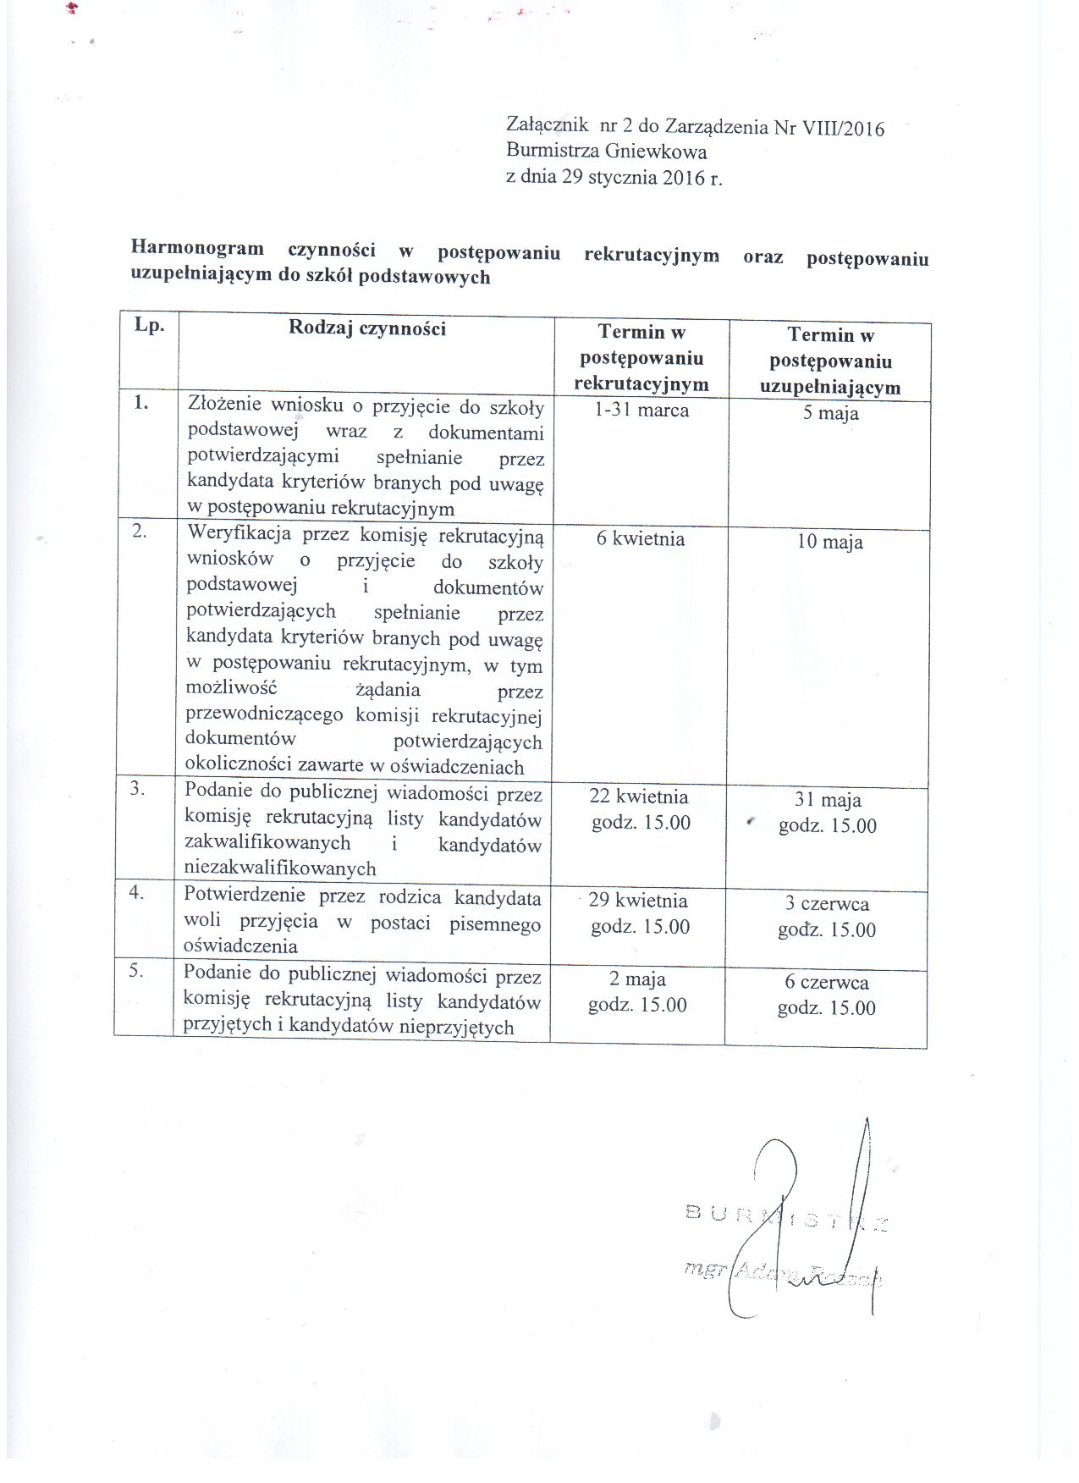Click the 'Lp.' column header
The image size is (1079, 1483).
(149, 326)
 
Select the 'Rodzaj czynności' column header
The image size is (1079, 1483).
(366, 328)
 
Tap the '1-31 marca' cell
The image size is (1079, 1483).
(641, 411)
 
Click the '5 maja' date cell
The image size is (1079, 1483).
(830, 414)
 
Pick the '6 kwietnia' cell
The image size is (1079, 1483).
(640, 539)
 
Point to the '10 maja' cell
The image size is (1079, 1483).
(829, 543)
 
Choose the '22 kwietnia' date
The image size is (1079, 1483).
(639, 797)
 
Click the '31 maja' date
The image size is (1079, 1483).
(828, 800)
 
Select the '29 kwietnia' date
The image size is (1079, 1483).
(638, 901)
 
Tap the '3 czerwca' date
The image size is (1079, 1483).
(827, 904)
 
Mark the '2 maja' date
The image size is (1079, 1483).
(637, 979)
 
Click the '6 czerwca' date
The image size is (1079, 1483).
(826, 983)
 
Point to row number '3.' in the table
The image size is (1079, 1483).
(137, 788)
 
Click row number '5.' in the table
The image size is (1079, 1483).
(136, 971)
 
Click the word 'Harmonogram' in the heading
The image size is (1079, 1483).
(197, 248)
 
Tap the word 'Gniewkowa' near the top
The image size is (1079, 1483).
(656, 152)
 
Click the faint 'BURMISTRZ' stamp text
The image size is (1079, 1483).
(786, 1219)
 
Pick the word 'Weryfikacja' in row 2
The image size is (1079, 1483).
(239, 533)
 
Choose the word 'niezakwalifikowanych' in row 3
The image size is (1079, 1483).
(280, 868)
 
